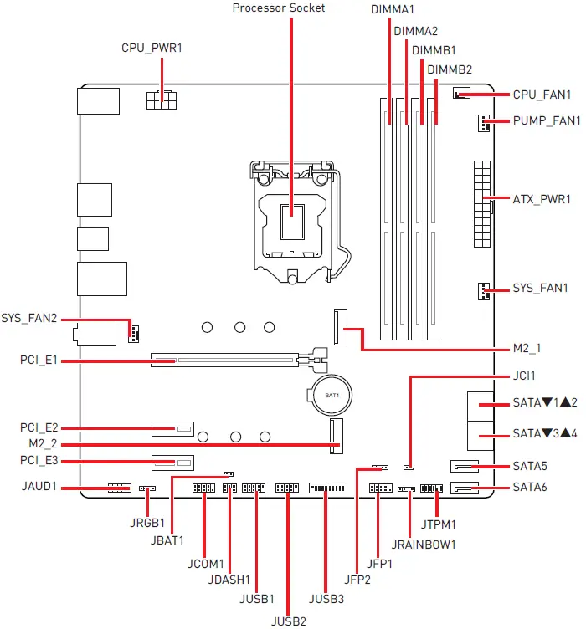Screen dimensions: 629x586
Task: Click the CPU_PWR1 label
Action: tap(152, 49)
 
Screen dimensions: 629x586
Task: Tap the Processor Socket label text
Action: tap(279, 8)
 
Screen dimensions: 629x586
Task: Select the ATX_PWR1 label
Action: tap(541, 200)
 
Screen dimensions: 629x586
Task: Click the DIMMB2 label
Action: tap(450, 69)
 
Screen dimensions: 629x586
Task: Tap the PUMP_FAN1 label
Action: tap(546, 121)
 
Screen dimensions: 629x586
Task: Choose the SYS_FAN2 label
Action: tap(29, 319)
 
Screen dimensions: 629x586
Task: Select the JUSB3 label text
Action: tap(326, 599)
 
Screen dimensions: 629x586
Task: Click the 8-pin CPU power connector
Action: tap(162, 100)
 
